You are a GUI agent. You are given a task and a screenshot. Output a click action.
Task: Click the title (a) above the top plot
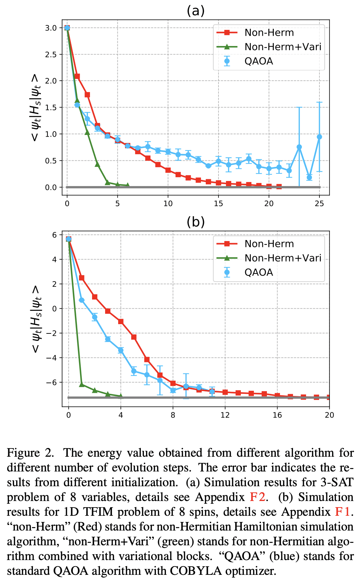pyautogui.click(x=195, y=11)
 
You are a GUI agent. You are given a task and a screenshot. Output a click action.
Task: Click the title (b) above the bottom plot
pyautogui.click(x=195, y=222)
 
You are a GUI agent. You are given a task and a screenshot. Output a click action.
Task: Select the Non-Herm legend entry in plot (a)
pyautogui.click(x=269, y=33)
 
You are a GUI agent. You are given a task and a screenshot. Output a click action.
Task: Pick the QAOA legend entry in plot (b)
pyautogui.click(x=259, y=272)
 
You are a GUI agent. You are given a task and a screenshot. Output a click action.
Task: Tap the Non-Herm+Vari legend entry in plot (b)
pyautogui.click(x=283, y=258)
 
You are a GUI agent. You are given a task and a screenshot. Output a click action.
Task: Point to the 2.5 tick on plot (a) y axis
pyautogui.click(x=51, y=54)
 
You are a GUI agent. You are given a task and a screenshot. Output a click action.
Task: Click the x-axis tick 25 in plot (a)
pyautogui.click(x=319, y=204)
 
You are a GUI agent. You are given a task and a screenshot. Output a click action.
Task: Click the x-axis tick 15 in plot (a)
pyautogui.click(x=218, y=204)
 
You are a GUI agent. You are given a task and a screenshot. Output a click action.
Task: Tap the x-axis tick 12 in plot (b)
pyautogui.click(x=225, y=415)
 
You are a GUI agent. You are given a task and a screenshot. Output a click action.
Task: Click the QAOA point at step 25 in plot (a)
pyautogui.click(x=319, y=137)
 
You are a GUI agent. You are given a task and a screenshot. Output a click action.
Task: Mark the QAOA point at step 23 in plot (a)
pyautogui.click(x=299, y=147)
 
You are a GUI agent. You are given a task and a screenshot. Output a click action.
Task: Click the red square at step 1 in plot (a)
pyautogui.click(x=77, y=76)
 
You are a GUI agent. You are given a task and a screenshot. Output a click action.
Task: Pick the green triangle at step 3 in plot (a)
pyautogui.click(x=97, y=164)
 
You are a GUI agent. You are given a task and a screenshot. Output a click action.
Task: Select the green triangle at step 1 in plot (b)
pyautogui.click(x=82, y=384)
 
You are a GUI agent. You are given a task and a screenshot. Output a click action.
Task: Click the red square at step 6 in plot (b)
pyautogui.click(x=147, y=360)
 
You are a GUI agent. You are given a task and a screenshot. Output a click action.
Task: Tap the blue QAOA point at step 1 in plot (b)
pyautogui.click(x=82, y=300)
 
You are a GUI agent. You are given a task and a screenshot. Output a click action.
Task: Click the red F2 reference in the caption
pyautogui.click(x=256, y=497)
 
